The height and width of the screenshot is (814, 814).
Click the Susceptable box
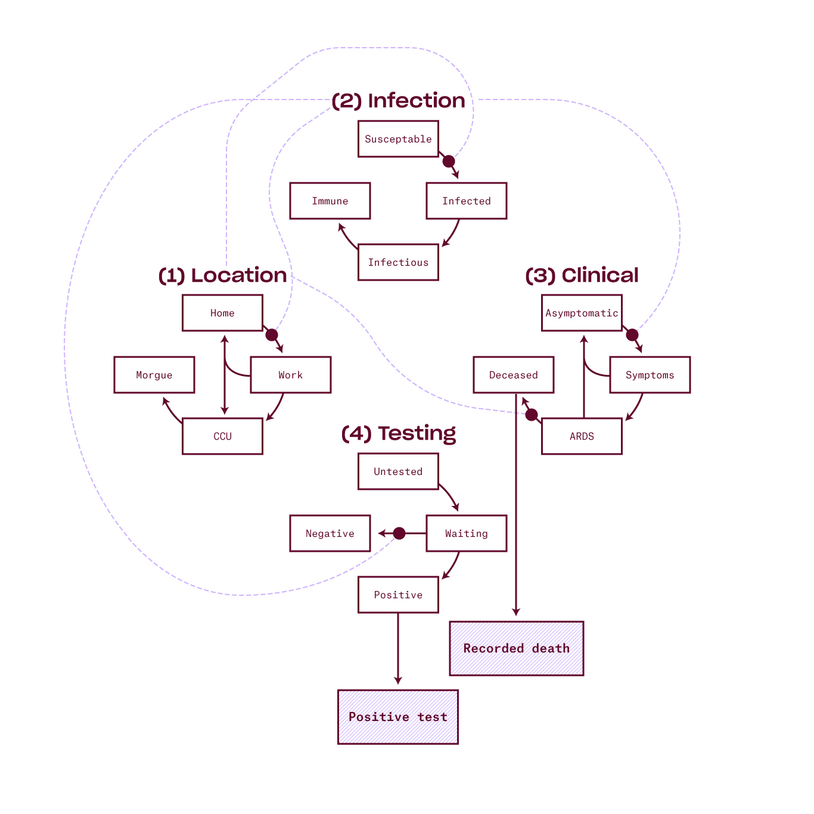(x=398, y=139)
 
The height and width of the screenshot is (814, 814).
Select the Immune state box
(x=330, y=201)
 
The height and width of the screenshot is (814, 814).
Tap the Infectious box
(x=398, y=262)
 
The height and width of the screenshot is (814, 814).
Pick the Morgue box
(x=154, y=375)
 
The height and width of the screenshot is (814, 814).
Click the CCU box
(x=222, y=436)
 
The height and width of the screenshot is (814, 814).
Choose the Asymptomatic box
(x=582, y=313)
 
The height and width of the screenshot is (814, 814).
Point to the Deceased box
(x=513, y=375)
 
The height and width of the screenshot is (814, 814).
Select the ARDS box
(x=582, y=436)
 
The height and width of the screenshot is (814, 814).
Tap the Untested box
(x=398, y=471)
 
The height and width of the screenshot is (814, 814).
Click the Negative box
(x=330, y=533)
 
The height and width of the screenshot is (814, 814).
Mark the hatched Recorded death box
(x=516, y=648)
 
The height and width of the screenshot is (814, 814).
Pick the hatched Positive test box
(x=397, y=717)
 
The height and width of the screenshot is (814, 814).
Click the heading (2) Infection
(x=398, y=101)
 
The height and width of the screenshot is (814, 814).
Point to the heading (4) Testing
(x=398, y=433)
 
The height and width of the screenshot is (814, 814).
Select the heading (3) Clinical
(x=582, y=275)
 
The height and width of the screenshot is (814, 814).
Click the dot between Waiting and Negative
(x=399, y=533)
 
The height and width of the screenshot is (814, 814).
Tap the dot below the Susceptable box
(x=449, y=161)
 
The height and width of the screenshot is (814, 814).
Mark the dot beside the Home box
(x=272, y=335)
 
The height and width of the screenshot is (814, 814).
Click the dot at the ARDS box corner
(x=532, y=415)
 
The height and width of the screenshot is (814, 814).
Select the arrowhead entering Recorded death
(x=516, y=613)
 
